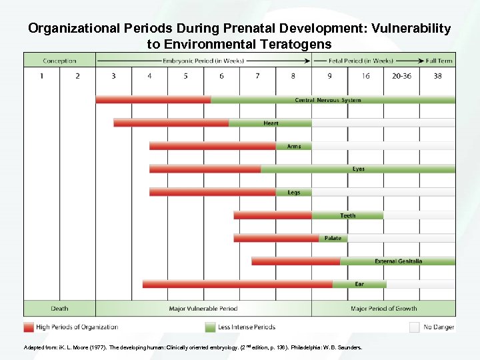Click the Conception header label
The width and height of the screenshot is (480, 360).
click(x=59, y=61)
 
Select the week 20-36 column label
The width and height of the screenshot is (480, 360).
click(x=401, y=76)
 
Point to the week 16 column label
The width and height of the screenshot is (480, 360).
click(x=365, y=76)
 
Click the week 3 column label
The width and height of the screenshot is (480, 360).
click(x=113, y=76)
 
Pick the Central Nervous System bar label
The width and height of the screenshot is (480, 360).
click(x=328, y=100)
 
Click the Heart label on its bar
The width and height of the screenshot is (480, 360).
click(x=271, y=123)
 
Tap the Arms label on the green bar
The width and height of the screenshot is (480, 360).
click(x=293, y=146)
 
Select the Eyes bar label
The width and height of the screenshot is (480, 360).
click(x=359, y=169)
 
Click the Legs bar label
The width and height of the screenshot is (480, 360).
click(x=293, y=193)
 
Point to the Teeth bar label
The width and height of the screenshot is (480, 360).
click(x=347, y=215)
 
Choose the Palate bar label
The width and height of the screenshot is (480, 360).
click(x=332, y=238)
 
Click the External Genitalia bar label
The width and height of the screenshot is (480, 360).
click(x=398, y=261)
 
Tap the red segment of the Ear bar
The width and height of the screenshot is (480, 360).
click(x=237, y=284)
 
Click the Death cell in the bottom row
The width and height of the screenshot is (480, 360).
click(x=59, y=309)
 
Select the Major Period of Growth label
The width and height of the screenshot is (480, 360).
click(x=383, y=309)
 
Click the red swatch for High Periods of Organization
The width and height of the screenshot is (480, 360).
click(x=29, y=327)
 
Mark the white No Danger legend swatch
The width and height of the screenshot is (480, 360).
click(x=414, y=327)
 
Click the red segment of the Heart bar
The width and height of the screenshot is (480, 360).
click(x=171, y=123)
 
